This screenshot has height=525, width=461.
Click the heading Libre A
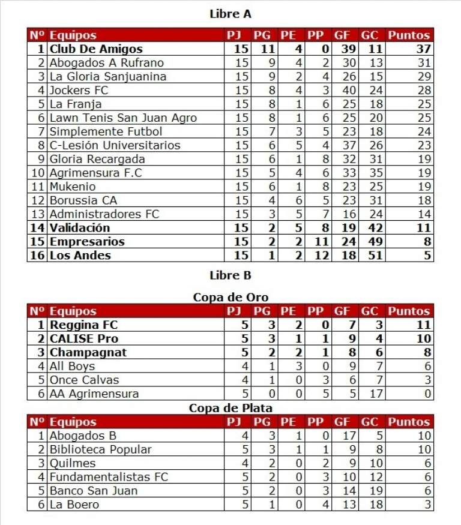click(x=230, y=13)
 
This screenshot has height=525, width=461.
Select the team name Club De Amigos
click(x=96, y=49)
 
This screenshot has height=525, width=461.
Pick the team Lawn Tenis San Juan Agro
click(x=123, y=118)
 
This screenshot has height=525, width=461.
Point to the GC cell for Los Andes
click(x=370, y=256)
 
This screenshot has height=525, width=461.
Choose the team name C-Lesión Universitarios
click(x=115, y=145)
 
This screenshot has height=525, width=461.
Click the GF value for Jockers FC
click(x=342, y=91)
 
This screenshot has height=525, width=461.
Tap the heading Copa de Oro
click(x=230, y=297)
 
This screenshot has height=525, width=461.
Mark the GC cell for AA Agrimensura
click(x=370, y=394)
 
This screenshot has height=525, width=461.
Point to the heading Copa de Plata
click(x=230, y=408)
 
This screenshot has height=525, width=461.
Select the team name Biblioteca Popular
click(x=100, y=449)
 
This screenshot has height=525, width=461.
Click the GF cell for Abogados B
click(x=342, y=436)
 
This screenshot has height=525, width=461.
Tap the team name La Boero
click(x=74, y=505)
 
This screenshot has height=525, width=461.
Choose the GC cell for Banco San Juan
click(x=370, y=491)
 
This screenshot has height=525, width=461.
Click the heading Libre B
click(x=230, y=275)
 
